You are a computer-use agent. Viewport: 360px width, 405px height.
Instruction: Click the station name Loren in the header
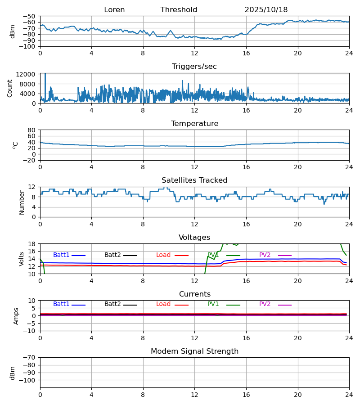pos(114,10)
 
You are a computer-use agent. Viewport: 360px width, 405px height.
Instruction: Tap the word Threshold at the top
pos(179,10)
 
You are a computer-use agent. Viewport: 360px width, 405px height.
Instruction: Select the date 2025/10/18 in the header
pos(266,10)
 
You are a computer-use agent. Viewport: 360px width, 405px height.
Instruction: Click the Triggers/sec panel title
pos(194,67)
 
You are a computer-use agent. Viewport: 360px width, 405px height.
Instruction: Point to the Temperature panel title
pos(194,124)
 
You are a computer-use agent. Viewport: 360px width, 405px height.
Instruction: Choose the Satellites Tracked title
pos(194,180)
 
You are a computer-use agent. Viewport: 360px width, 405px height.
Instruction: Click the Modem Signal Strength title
pos(194,351)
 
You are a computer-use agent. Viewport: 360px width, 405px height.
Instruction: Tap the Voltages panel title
pos(194,238)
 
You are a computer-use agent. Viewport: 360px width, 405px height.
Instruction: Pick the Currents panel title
pos(194,294)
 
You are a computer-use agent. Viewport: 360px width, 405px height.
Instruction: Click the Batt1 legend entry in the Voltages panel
pos(61,255)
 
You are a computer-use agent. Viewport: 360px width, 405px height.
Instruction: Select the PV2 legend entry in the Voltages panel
pos(265,255)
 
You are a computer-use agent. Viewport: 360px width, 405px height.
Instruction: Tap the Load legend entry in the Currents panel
pos(163,304)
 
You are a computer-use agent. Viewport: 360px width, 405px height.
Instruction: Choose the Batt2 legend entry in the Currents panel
pos(112,304)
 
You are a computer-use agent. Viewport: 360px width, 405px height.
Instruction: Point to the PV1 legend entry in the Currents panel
pos(213,304)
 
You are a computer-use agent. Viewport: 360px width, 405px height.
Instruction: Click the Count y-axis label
pos(10,88)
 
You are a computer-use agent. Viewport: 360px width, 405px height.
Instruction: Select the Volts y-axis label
pos(22,259)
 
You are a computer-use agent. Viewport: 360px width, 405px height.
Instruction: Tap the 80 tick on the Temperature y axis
pos(32,130)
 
